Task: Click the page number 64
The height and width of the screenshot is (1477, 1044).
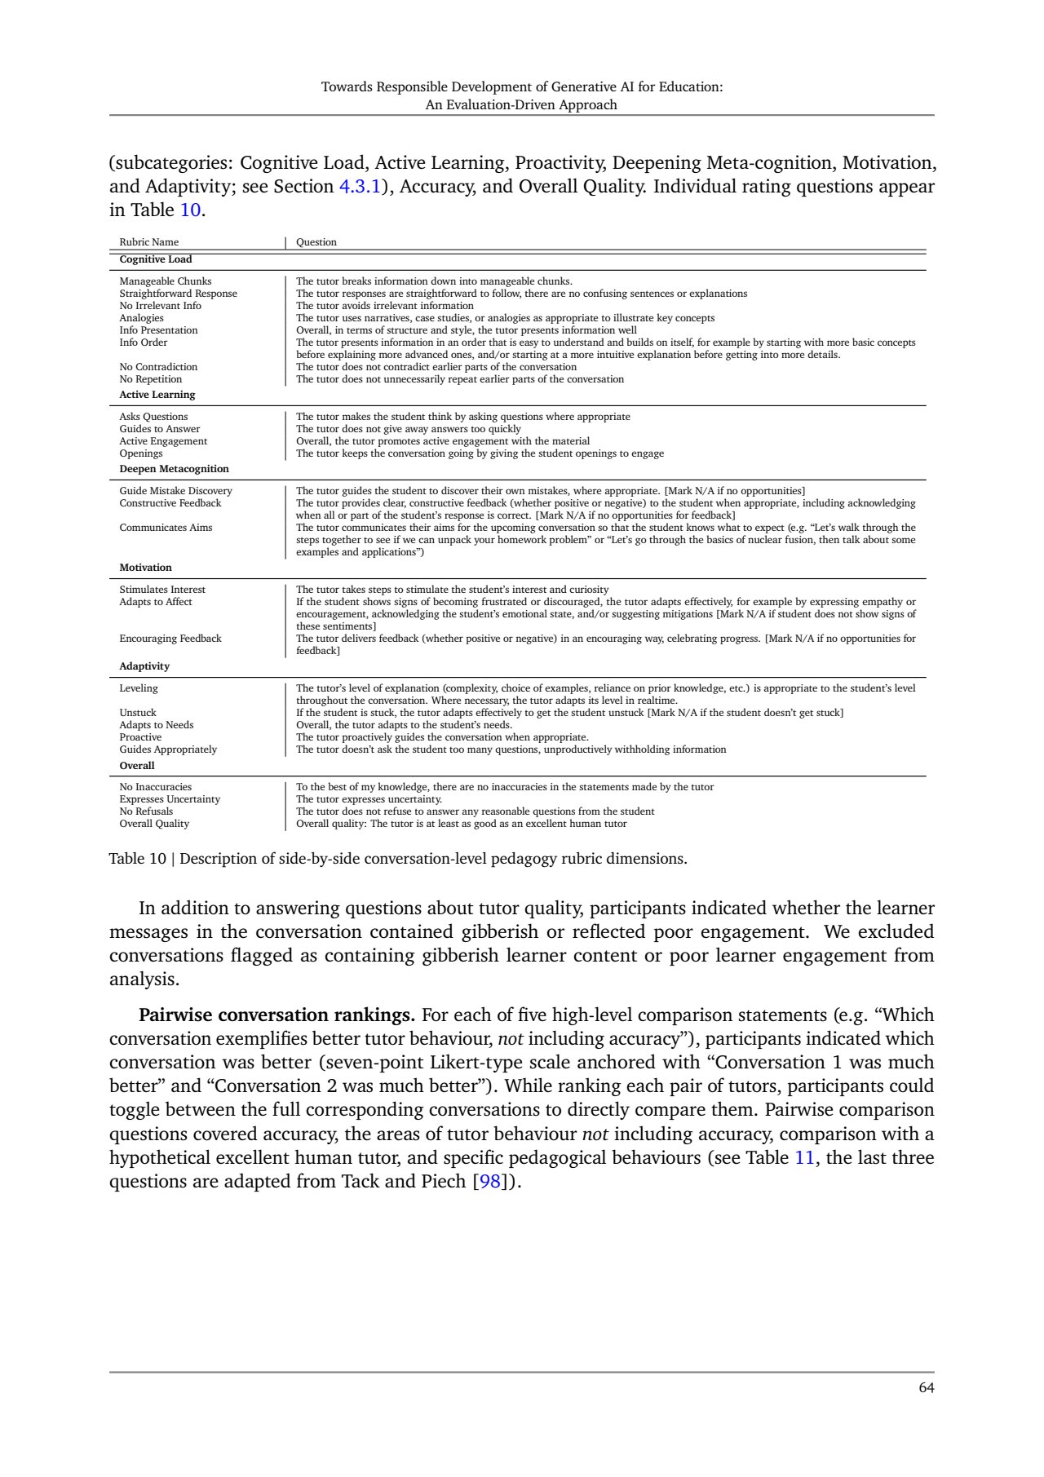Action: tap(926, 1387)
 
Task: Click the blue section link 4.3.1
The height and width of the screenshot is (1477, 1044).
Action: tap(360, 187)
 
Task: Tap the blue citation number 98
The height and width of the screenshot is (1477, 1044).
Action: tap(489, 1181)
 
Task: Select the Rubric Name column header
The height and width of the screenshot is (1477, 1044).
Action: tap(149, 242)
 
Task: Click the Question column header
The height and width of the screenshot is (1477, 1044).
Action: tap(316, 242)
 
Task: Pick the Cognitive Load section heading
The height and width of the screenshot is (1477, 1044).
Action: tap(156, 259)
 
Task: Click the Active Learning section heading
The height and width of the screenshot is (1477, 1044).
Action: tap(157, 395)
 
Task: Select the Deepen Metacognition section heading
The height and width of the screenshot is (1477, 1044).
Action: tap(175, 469)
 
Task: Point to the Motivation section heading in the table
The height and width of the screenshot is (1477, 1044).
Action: tap(146, 568)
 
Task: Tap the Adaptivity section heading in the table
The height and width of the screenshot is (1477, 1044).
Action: tap(144, 666)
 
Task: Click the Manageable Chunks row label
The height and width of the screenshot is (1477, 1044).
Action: tap(166, 281)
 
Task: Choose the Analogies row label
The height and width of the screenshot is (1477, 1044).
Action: tap(142, 318)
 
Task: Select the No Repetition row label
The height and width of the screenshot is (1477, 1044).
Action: tap(151, 379)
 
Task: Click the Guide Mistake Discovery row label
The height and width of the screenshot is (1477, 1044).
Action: tap(176, 491)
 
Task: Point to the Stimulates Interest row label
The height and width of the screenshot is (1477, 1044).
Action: tap(162, 590)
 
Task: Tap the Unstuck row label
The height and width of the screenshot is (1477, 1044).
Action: tap(138, 713)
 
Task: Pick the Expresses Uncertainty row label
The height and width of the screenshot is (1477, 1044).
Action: tap(170, 799)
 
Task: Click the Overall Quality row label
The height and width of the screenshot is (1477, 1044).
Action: tap(154, 824)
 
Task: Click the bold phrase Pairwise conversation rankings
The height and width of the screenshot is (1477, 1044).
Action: tap(277, 1015)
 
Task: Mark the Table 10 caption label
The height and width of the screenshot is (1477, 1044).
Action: tap(137, 859)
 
